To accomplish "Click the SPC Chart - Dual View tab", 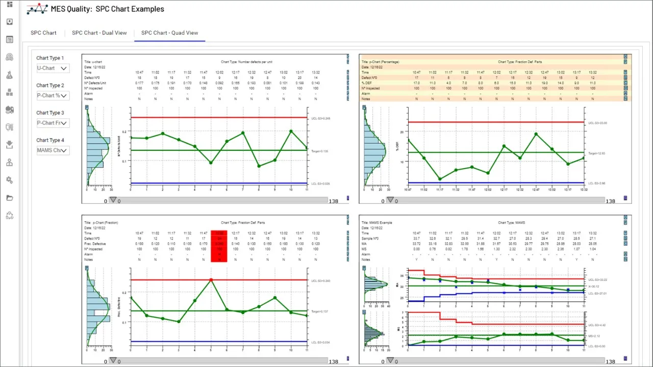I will [99, 33].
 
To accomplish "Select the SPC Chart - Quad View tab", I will [169, 33].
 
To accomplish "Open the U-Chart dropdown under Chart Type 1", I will [53, 68].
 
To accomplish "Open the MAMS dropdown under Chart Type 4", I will [53, 150].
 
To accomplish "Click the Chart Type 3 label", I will [50, 113].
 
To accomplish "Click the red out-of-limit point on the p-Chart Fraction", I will [211, 280].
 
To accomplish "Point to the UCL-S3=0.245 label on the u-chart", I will [320, 118].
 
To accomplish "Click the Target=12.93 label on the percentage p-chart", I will [596, 153].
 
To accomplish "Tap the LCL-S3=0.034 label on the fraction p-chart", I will [320, 342].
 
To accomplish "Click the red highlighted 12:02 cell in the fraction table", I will [219, 233].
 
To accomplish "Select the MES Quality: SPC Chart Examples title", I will [107, 9].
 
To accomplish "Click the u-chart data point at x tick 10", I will [291, 131].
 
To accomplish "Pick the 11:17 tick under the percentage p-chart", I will [440, 189].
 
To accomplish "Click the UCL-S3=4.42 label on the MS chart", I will [597, 325].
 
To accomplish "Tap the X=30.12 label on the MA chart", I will [595, 286].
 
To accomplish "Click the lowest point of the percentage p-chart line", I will [440, 179].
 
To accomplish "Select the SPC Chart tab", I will [43, 33].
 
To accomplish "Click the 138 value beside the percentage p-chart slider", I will [610, 201].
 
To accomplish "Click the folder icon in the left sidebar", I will [9, 198].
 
